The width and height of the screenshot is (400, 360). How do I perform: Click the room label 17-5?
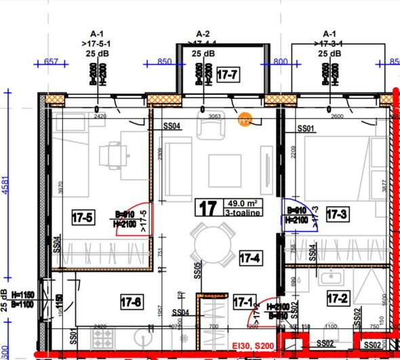point(82,217)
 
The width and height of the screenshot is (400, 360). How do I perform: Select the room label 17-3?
point(336,215)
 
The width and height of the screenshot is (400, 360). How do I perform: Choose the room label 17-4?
point(250,258)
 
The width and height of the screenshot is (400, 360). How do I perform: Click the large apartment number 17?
point(207,207)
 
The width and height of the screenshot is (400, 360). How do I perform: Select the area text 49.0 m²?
point(242,202)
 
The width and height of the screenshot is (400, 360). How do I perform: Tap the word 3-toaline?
point(241,212)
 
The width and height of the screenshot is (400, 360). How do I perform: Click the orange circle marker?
point(245,119)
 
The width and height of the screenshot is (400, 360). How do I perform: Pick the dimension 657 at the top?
point(51,62)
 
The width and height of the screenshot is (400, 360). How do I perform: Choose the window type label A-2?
point(203,33)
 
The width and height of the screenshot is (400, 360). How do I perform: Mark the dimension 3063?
point(215,117)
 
